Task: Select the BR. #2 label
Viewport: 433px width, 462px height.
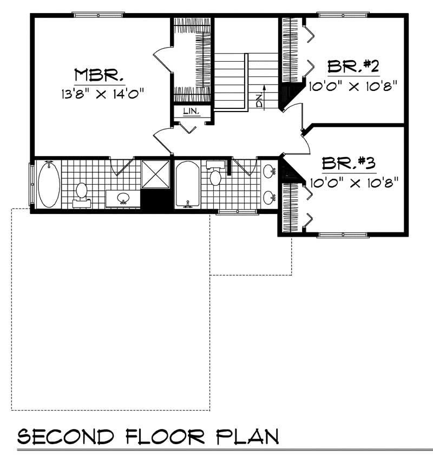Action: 353,67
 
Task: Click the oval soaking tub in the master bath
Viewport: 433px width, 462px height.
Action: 49,184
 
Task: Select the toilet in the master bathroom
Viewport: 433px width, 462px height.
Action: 81,193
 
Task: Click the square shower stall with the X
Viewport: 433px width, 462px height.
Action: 156,173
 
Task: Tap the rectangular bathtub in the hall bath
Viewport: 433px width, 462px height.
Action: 187,184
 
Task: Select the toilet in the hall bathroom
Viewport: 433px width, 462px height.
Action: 215,176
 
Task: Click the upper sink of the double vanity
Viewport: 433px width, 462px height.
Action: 269,172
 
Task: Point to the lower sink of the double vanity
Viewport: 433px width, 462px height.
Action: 269,198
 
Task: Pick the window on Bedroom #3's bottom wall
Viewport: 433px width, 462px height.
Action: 344,235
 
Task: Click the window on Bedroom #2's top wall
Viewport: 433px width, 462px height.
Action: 344,15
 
